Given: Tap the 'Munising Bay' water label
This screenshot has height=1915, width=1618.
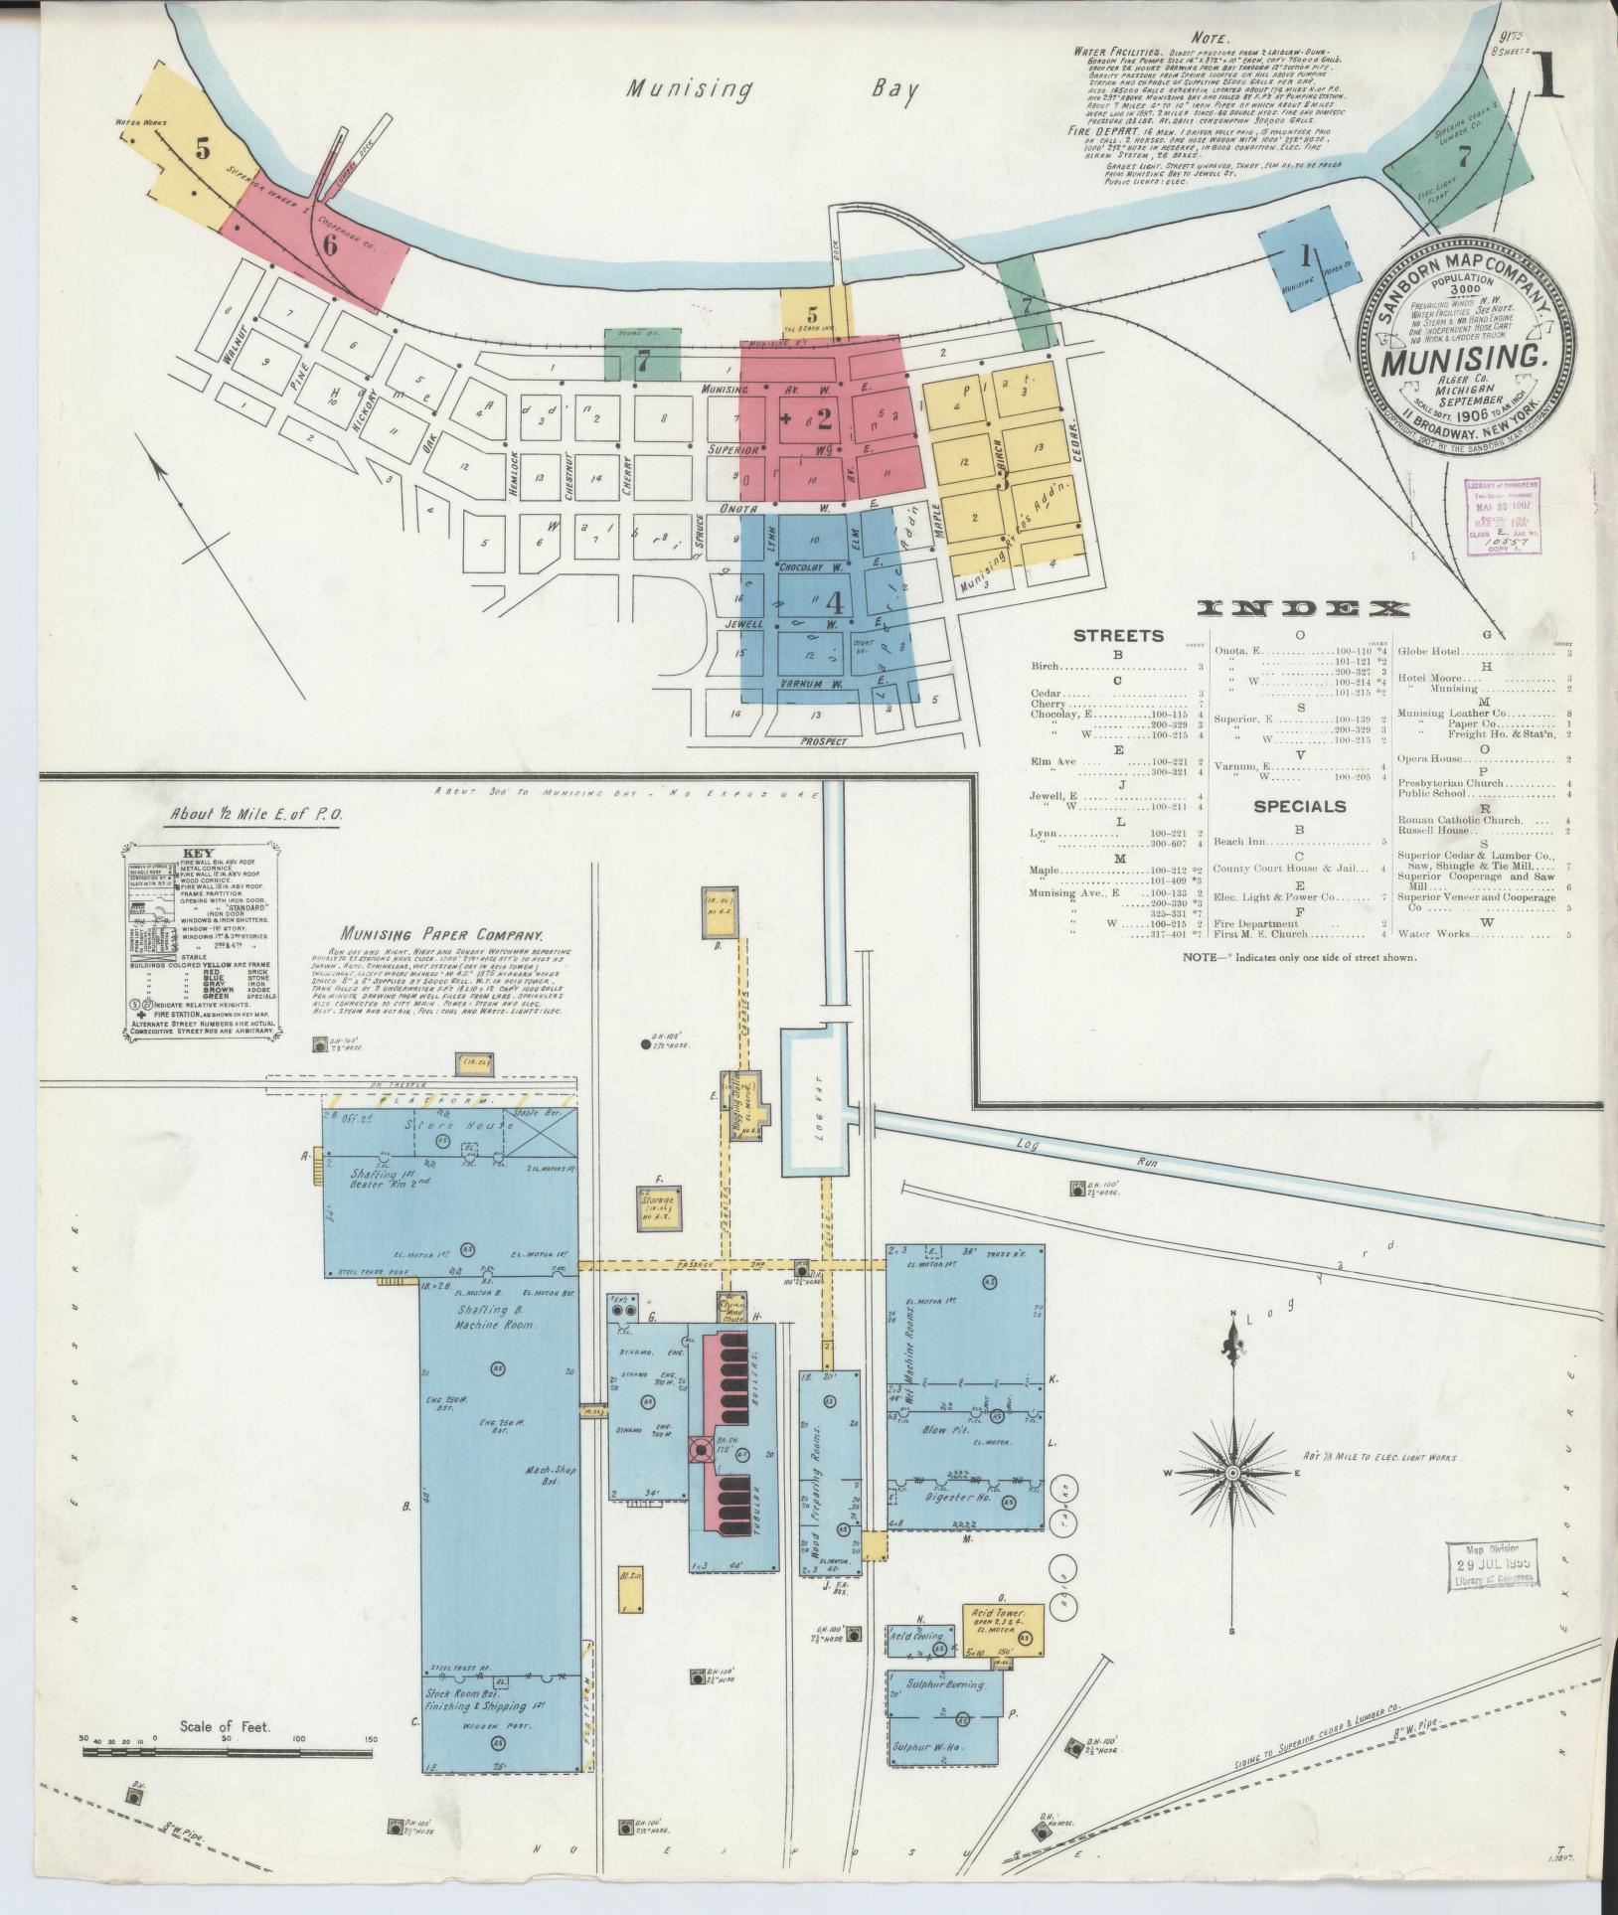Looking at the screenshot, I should [771, 89].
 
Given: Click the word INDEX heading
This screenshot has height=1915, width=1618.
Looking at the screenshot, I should [1302, 608].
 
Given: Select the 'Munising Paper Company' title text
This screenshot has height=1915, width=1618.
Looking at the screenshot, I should [440, 935].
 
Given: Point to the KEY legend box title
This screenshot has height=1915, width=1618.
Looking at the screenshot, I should [198, 853].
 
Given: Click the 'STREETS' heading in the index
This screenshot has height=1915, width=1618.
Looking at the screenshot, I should [1118, 635].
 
